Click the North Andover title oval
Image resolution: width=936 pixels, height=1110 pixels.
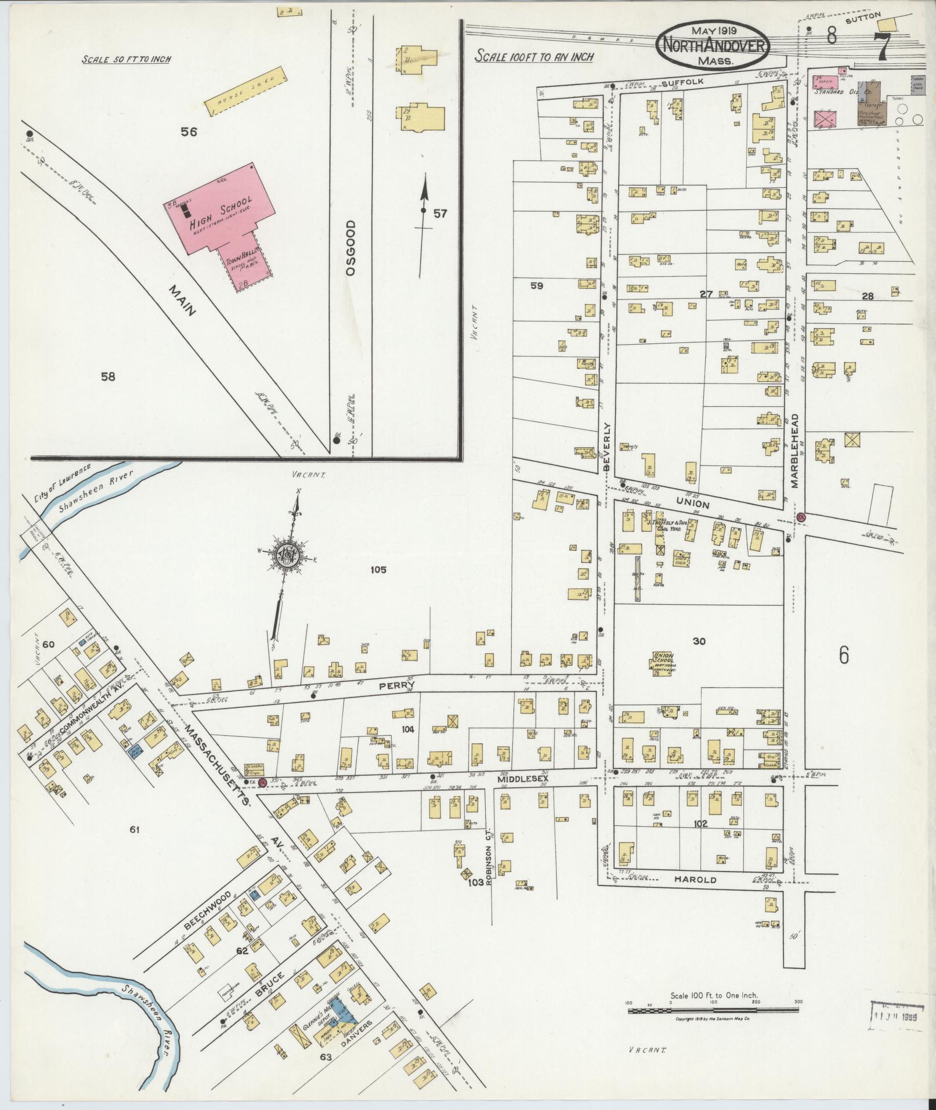(x=713, y=45)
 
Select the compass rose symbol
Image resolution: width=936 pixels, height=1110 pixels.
(x=287, y=554)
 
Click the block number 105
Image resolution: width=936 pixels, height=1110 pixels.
(x=378, y=570)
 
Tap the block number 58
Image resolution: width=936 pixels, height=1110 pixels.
(x=108, y=377)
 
